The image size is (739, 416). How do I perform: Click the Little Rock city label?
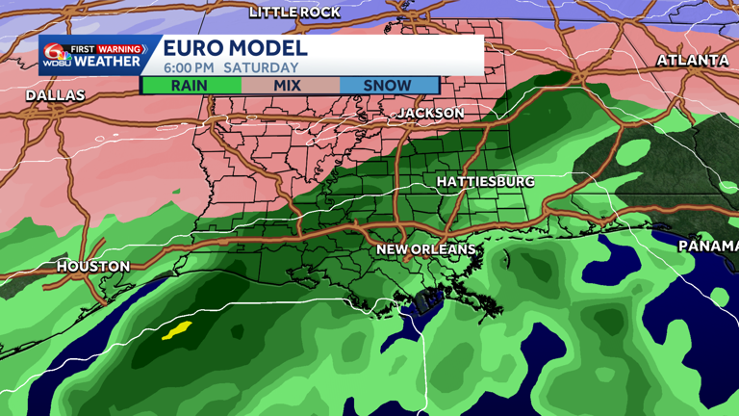tap(294, 12)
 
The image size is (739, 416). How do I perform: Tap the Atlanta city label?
tap(693, 60)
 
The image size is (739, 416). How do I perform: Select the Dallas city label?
tap(55, 95)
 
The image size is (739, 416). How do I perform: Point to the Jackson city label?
tap(431, 113)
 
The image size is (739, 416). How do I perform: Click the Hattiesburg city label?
tap(485, 181)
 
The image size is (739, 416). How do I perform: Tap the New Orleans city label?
tap(425, 249)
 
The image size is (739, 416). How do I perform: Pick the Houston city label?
tap(93, 266)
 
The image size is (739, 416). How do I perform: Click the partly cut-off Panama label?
tap(709, 246)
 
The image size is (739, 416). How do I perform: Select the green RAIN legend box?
tap(191, 85)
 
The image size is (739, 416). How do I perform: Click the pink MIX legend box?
tap(288, 85)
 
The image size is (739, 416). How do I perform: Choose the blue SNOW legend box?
tap(388, 85)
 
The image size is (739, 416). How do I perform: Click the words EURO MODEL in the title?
tap(235, 48)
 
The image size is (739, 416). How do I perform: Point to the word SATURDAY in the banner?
tap(261, 67)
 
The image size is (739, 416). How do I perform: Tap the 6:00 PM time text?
tap(190, 67)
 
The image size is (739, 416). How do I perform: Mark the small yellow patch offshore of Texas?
tap(176, 331)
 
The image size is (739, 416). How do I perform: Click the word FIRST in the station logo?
tap(88, 48)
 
